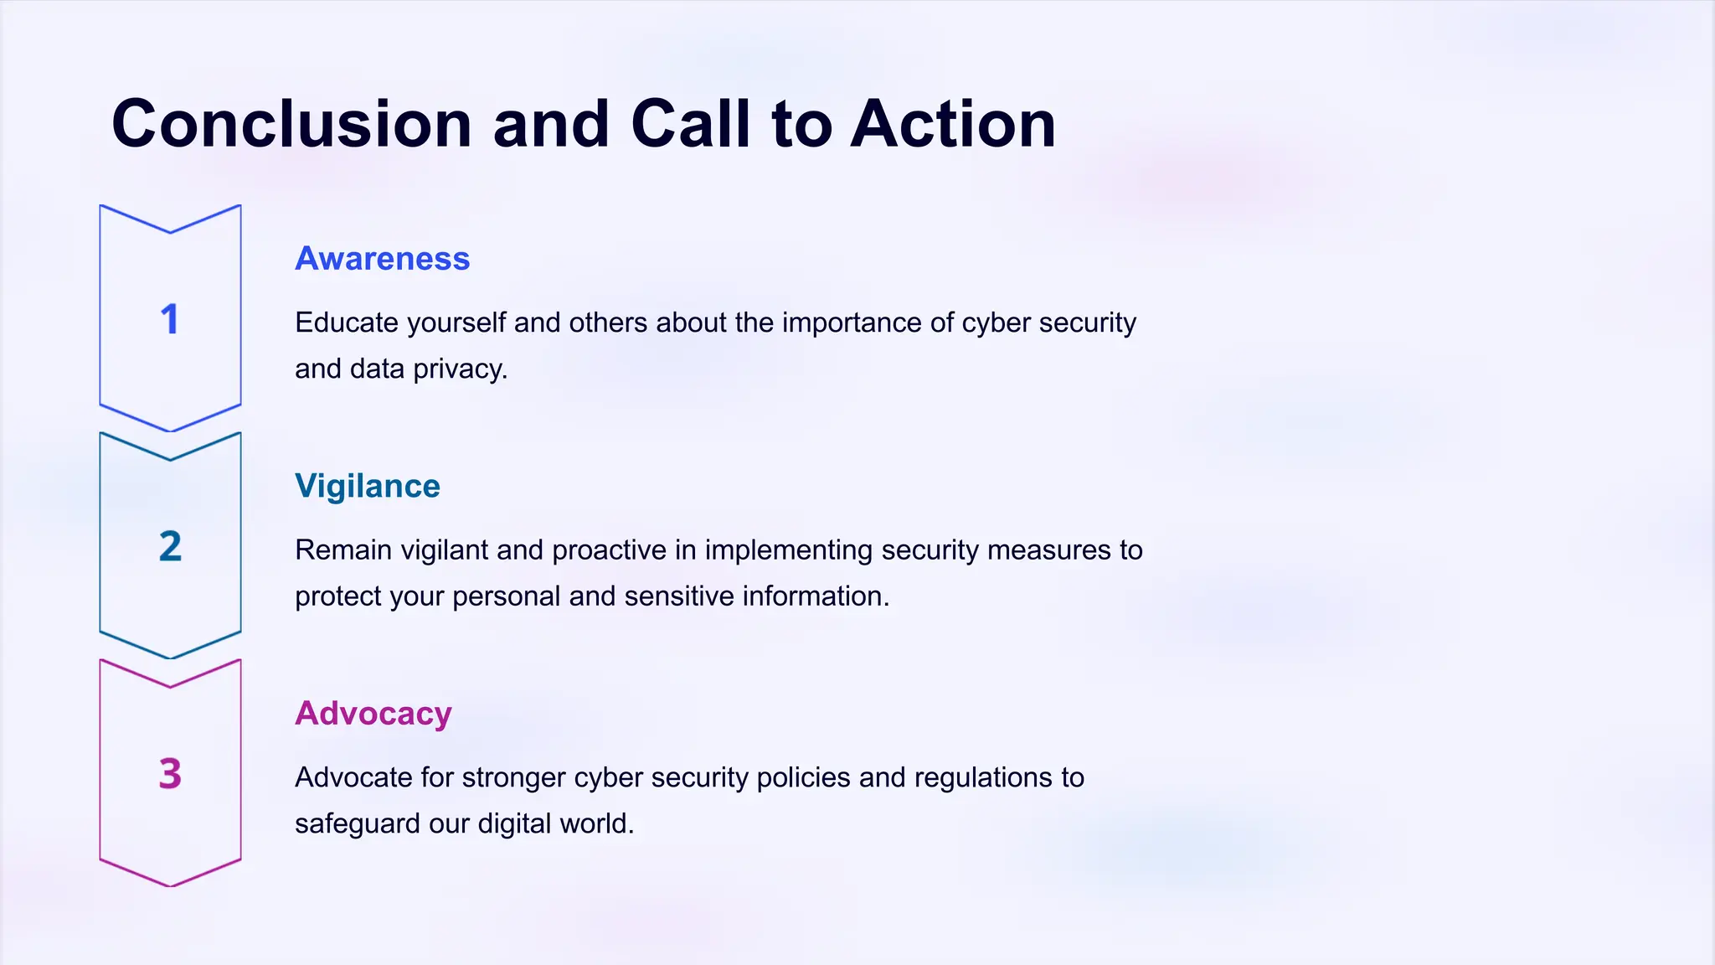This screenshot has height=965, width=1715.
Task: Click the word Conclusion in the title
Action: pos(291,124)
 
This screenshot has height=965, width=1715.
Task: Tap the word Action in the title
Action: pos(953,124)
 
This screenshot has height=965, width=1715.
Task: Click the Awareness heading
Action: pos(382,259)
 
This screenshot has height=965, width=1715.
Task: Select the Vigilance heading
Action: pos(367,486)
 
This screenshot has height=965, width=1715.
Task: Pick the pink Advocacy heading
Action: pos(373,714)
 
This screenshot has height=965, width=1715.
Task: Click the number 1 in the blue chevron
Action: pos(170,319)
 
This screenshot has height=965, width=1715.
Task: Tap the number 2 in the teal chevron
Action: pos(170,547)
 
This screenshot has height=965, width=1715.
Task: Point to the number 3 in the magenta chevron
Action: pos(170,774)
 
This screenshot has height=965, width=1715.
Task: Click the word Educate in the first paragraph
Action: pos(347,323)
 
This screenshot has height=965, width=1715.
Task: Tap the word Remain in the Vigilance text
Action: pos(343,550)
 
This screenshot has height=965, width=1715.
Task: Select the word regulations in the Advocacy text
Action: pos(983,778)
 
